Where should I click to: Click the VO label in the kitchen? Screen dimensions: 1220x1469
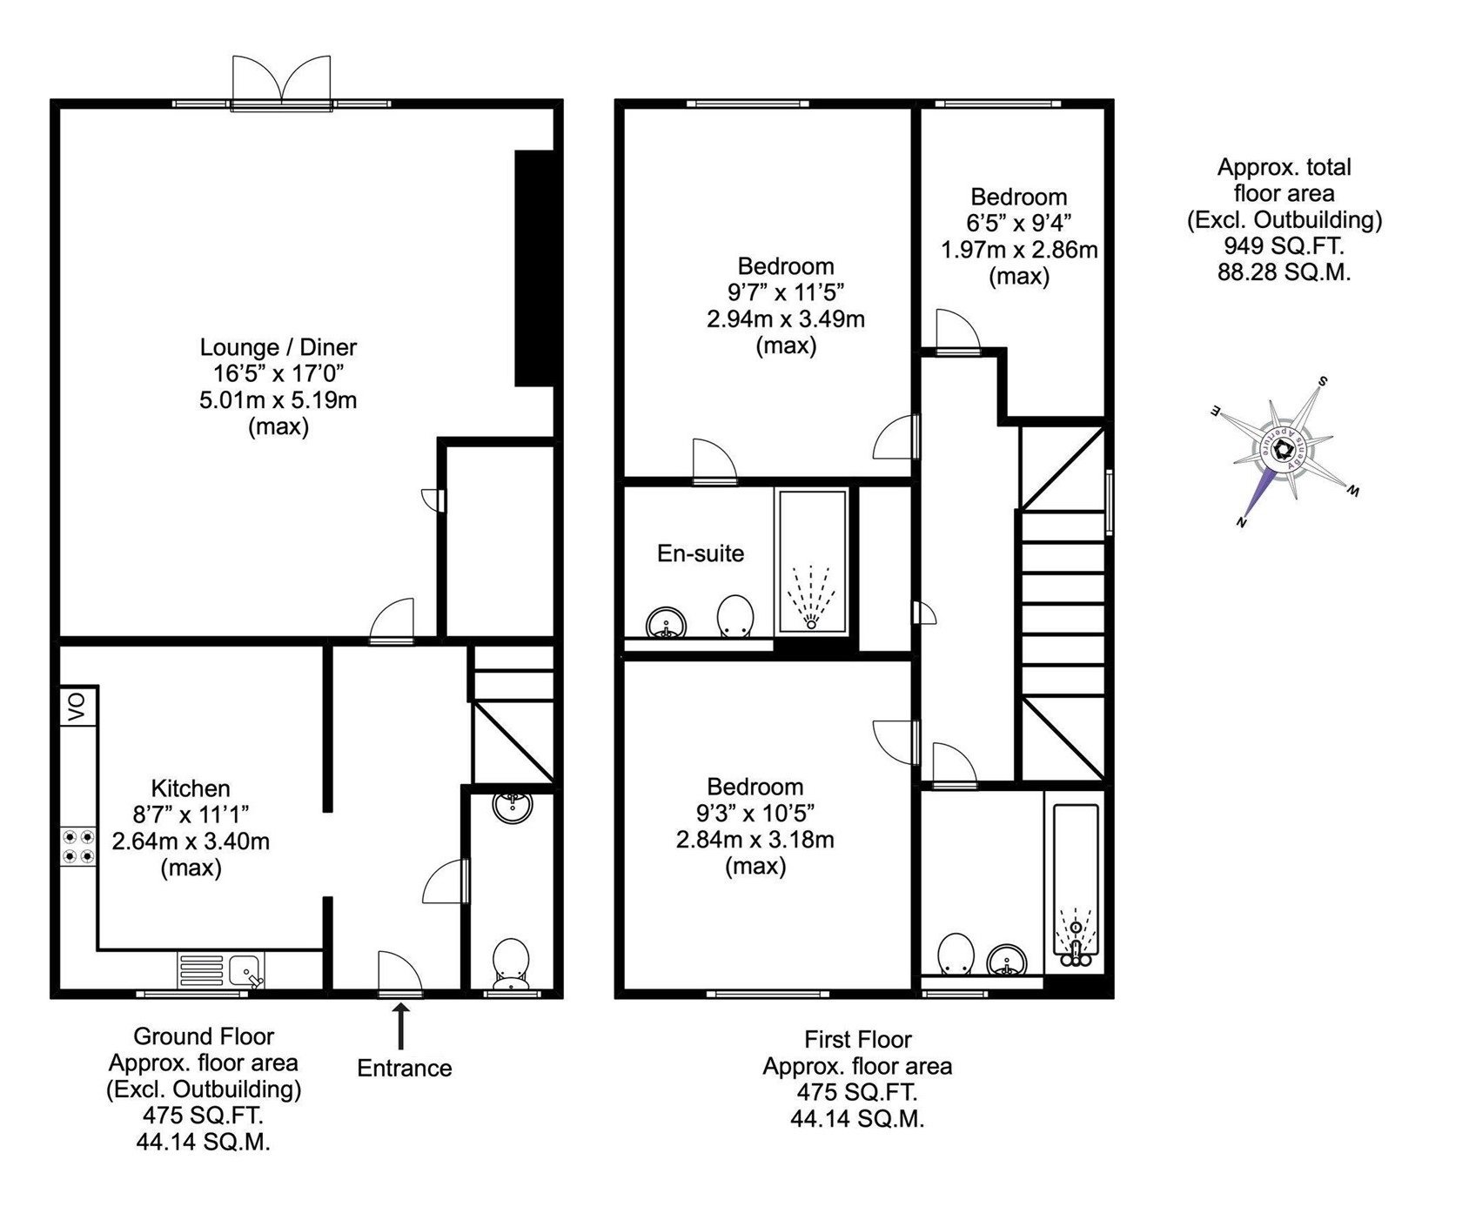[x=78, y=707]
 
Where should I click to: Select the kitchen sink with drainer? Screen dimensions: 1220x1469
[x=221, y=970]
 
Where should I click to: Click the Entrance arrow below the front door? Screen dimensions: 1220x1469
[x=401, y=1027]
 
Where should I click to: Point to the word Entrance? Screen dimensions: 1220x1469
[x=405, y=1068]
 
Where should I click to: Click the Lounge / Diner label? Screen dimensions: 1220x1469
[x=278, y=347]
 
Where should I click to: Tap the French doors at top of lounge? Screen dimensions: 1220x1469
[x=281, y=84]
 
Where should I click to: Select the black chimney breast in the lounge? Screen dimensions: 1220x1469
[x=533, y=268]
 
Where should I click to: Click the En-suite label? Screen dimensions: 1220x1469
[x=701, y=553]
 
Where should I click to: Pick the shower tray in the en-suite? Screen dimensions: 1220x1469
[x=812, y=561]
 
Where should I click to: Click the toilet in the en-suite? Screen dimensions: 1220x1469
[x=734, y=616]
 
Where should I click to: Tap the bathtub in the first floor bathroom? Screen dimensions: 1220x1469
[x=1077, y=883]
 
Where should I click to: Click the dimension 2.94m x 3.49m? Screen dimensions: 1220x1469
[x=786, y=318]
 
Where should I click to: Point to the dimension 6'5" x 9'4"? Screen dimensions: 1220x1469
[x=1019, y=224]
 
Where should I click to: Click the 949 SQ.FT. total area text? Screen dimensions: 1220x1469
[x=1284, y=245]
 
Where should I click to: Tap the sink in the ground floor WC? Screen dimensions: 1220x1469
[x=513, y=807]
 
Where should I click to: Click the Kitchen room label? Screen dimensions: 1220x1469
[x=191, y=788]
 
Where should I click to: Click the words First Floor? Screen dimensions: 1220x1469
[x=857, y=1039]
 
